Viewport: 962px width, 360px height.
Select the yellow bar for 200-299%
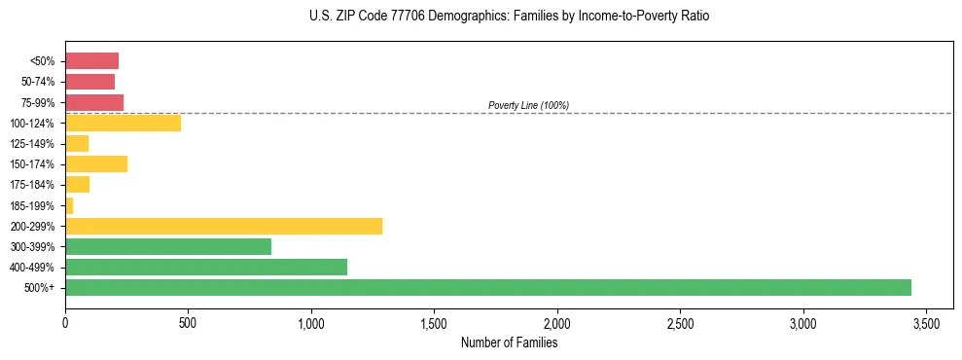coord(224,226)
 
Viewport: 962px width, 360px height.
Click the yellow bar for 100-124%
coord(123,123)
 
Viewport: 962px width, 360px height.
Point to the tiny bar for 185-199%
coord(69,205)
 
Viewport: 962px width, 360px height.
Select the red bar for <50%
coord(91,60)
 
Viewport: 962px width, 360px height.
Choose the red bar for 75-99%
coord(94,102)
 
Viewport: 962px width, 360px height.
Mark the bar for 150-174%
coord(96,163)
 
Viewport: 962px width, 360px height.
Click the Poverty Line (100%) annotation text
coord(528,105)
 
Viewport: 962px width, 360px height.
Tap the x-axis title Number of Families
coord(510,342)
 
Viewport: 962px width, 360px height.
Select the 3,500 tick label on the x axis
coord(926,322)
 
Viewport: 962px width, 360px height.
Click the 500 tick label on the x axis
coord(188,322)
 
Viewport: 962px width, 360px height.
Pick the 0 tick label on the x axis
coord(65,322)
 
